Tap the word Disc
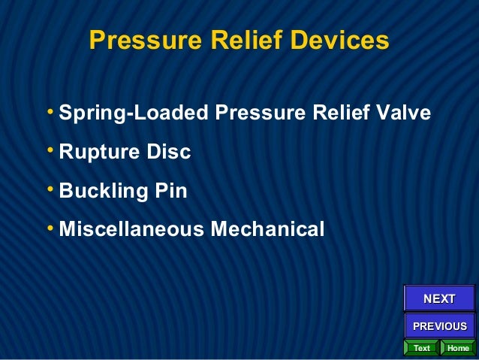coord(169,152)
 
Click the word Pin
coord(170,191)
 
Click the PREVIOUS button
coord(440,326)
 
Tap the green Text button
coord(422,348)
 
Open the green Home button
coord(458,348)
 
